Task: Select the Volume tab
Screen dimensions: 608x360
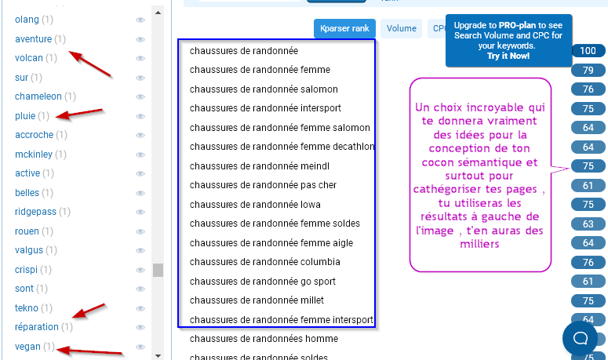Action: point(401,28)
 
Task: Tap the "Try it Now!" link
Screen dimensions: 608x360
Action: point(508,56)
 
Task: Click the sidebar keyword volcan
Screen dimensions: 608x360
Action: point(28,58)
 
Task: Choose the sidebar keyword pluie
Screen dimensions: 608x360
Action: point(25,116)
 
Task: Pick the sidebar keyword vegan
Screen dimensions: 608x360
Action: point(27,347)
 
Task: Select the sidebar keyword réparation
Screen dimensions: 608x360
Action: point(37,327)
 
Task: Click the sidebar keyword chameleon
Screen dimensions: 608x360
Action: point(38,96)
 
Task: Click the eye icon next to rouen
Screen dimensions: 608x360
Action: point(140,231)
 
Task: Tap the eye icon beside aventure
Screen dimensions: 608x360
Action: point(140,39)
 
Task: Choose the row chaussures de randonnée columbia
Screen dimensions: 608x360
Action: point(264,262)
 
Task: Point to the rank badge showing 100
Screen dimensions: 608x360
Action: point(588,51)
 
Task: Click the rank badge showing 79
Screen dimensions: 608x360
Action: point(588,71)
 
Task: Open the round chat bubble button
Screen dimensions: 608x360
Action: point(581,338)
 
